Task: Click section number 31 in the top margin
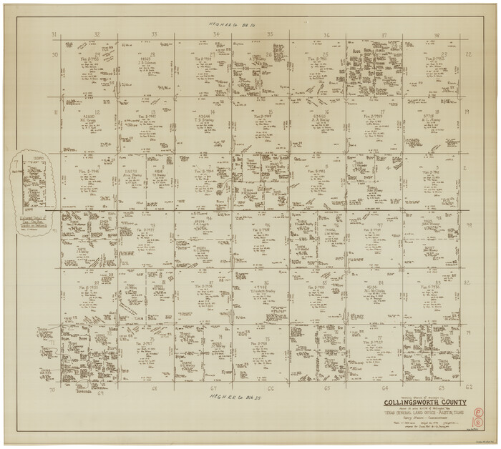[x=54, y=34]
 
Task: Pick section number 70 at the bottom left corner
[x=52, y=390]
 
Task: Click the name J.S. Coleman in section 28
[x=148, y=62]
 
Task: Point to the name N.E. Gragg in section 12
[x=89, y=119]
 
